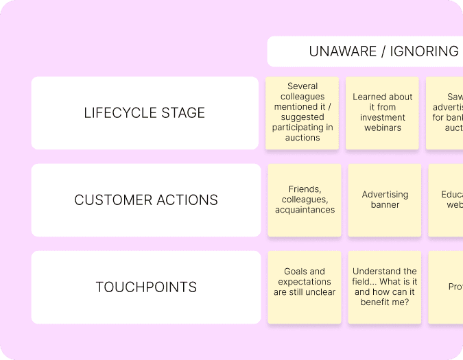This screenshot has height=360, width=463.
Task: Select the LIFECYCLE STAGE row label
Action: tap(145, 113)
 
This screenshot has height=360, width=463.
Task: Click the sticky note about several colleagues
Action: tap(302, 112)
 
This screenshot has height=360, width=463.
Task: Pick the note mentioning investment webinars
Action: tap(382, 112)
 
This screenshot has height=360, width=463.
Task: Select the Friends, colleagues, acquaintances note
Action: tap(305, 200)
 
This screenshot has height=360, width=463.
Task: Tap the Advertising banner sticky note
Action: tap(385, 200)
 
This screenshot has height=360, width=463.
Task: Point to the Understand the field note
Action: tap(385, 287)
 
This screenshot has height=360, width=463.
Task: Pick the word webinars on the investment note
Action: tap(383, 128)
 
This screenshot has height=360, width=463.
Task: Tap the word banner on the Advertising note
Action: tap(385, 205)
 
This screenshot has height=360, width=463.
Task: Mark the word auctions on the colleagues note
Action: tap(302, 138)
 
